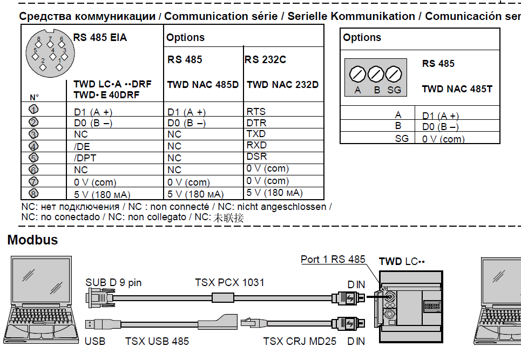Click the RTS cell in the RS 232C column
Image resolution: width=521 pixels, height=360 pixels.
pos(256,111)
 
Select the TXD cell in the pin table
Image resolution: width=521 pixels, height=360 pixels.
pos(256,134)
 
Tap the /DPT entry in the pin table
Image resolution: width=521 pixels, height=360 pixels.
pos(85,158)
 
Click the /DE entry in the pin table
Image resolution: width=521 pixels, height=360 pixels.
pos(82,146)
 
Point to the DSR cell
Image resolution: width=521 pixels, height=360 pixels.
pos(256,157)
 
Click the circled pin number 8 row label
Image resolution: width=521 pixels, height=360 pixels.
pos(33,193)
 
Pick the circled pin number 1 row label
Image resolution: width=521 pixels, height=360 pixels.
pos(33,109)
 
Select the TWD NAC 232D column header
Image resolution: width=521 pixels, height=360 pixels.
pos(283,85)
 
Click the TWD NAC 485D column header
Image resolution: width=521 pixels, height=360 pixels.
pos(202,85)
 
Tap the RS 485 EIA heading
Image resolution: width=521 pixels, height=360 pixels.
pos(100,38)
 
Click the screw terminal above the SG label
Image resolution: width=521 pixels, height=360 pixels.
pos(394,74)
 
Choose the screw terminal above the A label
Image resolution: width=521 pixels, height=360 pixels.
pos(357,74)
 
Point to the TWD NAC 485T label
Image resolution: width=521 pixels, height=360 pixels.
pos(457,89)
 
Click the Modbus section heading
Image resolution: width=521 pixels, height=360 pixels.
pos(32,240)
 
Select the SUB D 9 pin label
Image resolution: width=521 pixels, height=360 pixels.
pos(113,283)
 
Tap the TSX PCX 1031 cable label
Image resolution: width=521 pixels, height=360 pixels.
pos(229,283)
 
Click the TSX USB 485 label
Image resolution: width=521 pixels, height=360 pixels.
pos(157,342)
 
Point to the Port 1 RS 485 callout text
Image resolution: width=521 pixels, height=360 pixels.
pos(333,260)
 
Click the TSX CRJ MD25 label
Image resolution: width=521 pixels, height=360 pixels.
pos(300,342)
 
